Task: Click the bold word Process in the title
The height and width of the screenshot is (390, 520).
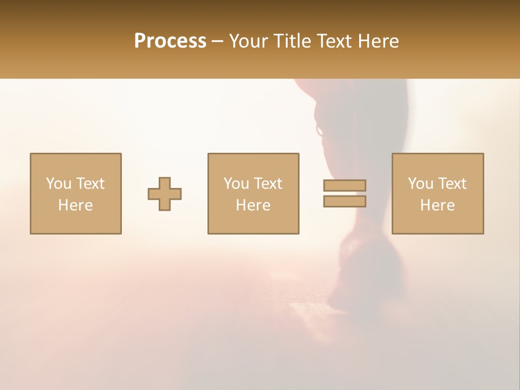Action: (170, 41)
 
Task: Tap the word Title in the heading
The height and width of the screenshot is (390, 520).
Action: (292, 41)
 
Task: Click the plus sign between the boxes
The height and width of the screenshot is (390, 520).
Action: (165, 194)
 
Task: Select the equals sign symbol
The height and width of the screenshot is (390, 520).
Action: (344, 193)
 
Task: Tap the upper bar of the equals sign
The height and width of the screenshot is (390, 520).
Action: (344, 185)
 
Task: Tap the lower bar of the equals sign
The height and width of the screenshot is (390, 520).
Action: (344, 201)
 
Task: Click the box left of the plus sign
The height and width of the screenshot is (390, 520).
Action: (75, 193)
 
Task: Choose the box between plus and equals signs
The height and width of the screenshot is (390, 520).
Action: (253, 193)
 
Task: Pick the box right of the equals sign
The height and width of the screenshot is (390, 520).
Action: (437, 193)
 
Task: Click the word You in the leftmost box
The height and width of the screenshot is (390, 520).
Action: (58, 183)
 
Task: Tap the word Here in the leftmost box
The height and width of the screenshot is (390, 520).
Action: (75, 205)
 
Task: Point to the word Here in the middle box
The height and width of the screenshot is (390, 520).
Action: (253, 205)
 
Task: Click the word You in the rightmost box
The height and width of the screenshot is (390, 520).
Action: (420, 183)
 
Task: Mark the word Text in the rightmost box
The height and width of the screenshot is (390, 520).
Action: (452, 183)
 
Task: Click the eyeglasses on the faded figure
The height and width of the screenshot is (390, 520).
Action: (320, 131)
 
